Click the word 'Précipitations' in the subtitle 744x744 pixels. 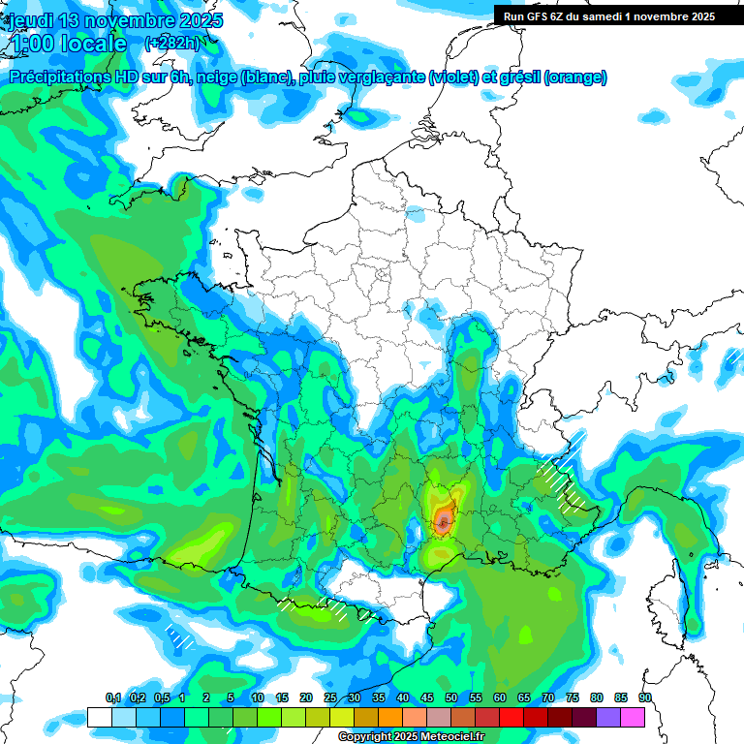coord(59,77)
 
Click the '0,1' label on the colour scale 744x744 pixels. coord(112,697)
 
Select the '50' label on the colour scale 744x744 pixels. coord(451,697)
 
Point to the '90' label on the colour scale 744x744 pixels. coord(645,697)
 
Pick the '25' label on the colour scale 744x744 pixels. coord(330,697)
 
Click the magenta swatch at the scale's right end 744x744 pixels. coord(633,717)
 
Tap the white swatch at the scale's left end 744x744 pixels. coord(100,717)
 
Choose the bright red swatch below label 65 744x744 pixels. coord(511,717)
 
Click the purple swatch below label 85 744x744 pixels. coord(608,717)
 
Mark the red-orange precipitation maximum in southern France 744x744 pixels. coord(443,520)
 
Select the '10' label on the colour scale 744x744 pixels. coord(258,697)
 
